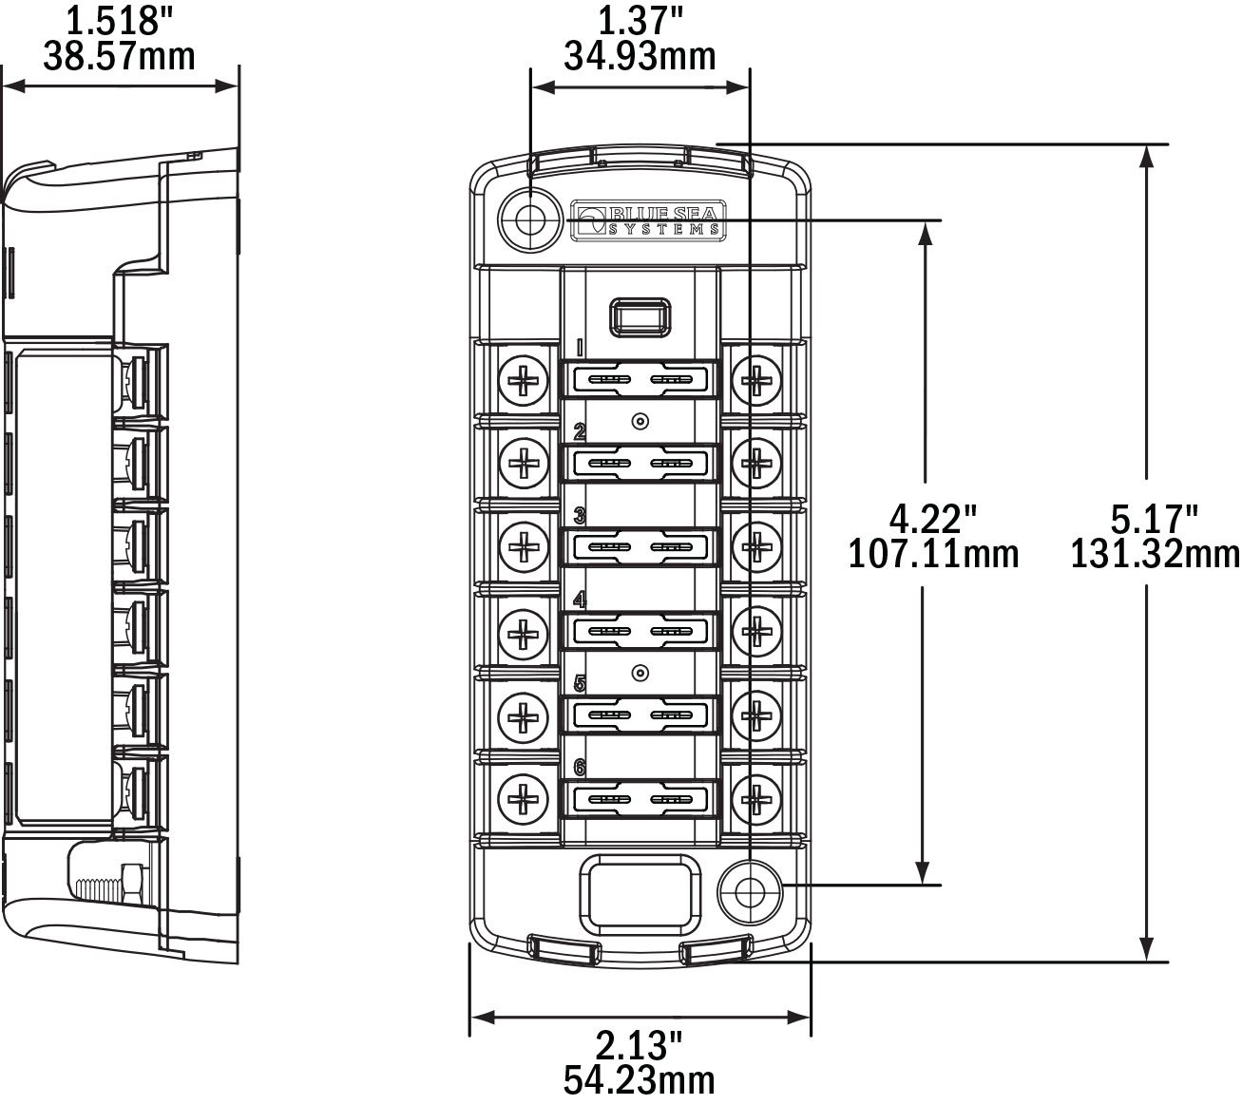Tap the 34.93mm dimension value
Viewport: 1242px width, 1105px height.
point(640,56)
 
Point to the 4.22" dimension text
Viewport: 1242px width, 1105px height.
point(932,519)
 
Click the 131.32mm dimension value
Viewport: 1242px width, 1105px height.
point(1155,553)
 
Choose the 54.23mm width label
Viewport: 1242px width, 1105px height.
point(640,1079)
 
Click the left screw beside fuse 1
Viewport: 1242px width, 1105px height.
point(524,380)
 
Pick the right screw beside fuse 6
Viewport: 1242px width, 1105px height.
point(756,796)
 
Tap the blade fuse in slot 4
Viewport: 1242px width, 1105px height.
point(640,630)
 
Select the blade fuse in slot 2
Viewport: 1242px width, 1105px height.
point(640,464)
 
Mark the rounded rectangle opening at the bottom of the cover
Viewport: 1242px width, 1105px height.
point(639,892)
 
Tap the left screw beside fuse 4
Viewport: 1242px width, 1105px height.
point(524,630)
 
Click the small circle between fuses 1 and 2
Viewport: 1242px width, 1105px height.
point(640,421)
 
